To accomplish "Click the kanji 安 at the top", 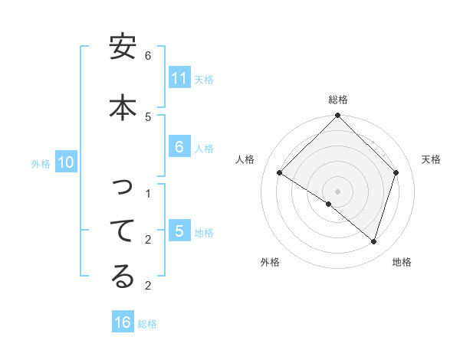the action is tap(123, 48).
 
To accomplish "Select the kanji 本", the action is tap(123, 106).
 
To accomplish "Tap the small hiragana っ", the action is tap(123, 187).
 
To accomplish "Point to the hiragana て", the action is tap(123, 230).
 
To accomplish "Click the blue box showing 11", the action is tap(179, 78).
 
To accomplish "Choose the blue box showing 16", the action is tap(123, 322).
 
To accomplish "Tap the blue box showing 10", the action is tap(65, 162).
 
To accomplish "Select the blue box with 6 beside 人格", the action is tap(179, 147).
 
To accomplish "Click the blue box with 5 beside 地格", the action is tap(179, 231).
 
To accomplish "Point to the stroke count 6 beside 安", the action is tap(148, 55).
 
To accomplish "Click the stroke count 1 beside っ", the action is tap(148, 194).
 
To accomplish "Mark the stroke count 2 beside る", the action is tap(148, 286).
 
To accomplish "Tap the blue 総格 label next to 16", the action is tap(147, 324).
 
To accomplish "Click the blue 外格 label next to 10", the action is tap(41, 163).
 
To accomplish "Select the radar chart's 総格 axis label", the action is tap(337, 100).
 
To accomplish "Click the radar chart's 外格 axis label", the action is tap(270, 262).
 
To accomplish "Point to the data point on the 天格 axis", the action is tap(396, 172).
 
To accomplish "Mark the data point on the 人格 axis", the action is tap(280, 172).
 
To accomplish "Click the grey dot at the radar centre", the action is tap(337, 191).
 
